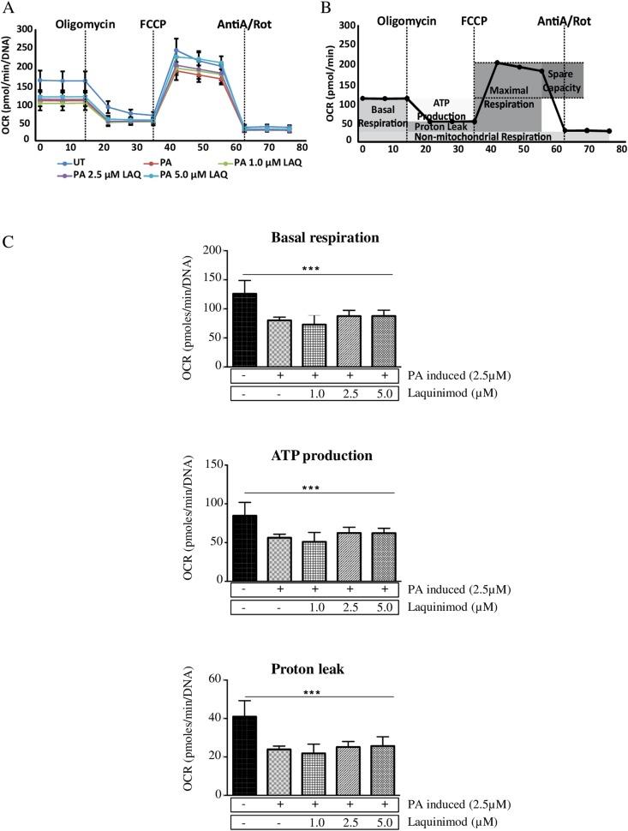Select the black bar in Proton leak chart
click(244, 755)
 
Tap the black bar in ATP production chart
click(244, 547)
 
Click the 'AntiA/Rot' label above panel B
click(563, 18)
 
